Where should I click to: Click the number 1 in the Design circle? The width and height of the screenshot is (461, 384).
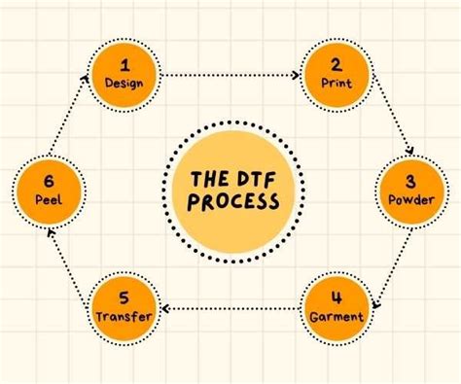click(124, 65)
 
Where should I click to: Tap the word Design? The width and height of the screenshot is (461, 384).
click(124, 83)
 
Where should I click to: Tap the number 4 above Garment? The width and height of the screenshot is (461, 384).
click(337, 297)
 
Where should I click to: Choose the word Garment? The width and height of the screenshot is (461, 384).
click(337, 316)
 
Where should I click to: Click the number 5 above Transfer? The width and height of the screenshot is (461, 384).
click(124, 297)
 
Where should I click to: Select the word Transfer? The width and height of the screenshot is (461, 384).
click(124, 316)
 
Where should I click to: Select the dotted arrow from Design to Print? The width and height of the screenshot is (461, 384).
click(230, 75)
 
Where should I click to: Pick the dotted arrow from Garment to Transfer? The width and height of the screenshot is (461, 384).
click(230, 308)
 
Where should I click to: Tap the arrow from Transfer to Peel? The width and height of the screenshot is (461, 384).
click(71, 253)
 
